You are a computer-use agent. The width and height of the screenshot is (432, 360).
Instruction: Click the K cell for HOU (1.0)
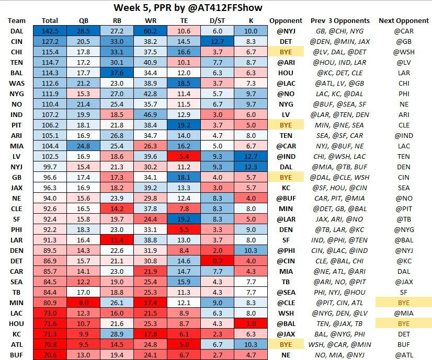click(247, 324)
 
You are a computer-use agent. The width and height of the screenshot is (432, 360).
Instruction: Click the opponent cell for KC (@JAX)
click(286, 334)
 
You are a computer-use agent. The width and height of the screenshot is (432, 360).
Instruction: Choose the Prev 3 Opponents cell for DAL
click(340, 31)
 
